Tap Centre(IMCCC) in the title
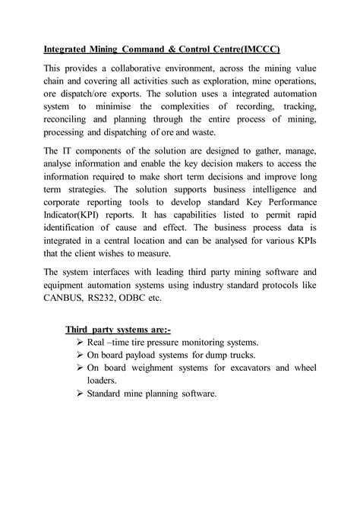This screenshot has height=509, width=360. [243, 50]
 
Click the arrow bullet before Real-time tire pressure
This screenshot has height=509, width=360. [81, 343]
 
